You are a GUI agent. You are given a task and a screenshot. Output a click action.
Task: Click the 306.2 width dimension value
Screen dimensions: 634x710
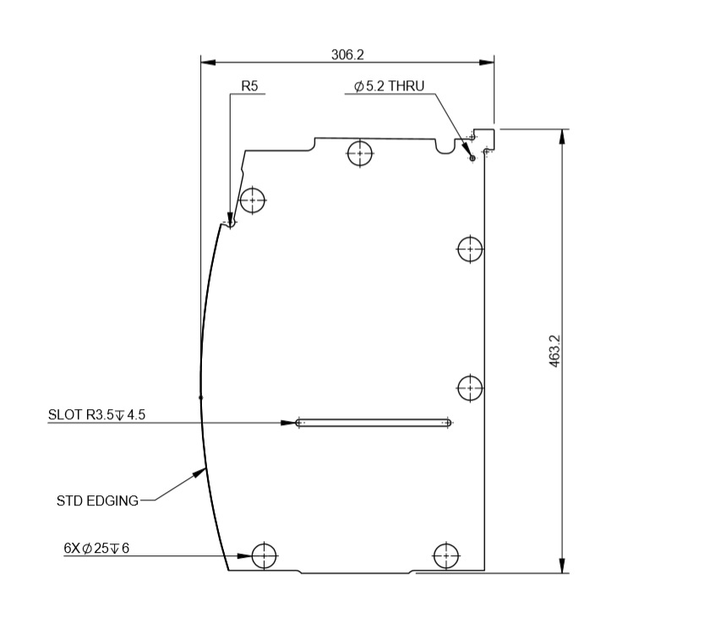[347, 54]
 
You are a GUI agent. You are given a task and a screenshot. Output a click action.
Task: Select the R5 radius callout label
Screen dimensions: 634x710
[249, 85]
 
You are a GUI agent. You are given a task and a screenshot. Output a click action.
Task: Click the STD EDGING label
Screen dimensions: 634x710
[97, 500]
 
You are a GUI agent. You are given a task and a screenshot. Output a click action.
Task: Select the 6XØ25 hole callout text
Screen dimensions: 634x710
[96, 549]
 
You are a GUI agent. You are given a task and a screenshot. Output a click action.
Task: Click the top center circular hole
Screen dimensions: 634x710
[360, 153]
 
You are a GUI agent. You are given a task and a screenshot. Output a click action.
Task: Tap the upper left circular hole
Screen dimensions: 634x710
[252, 200]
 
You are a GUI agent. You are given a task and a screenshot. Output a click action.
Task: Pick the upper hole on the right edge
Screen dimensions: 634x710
[469, 249]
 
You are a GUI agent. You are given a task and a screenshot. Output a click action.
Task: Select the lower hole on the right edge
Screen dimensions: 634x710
[469, 388]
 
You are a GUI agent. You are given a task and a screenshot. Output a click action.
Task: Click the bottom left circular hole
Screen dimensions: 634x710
[264, 555]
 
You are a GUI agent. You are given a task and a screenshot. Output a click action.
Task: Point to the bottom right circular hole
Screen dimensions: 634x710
[445, 555]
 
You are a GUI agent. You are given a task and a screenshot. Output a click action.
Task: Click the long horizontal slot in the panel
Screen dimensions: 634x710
[375, 422]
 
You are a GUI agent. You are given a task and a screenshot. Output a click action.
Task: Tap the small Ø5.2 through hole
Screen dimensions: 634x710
[472, 157]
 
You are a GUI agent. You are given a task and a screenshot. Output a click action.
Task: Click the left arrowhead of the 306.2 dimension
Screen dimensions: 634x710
[207, 62]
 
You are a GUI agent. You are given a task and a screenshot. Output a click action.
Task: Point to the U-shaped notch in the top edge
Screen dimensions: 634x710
[446, 148]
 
